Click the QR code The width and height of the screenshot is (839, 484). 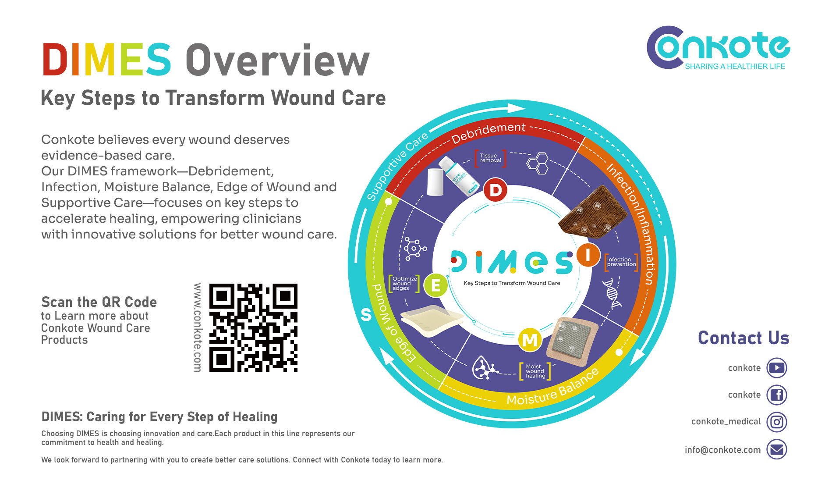click(253, 327)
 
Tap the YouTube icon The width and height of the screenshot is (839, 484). click(776, 368)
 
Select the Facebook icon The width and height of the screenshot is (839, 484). click(776, 395)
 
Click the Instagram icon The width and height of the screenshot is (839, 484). click(776, 422)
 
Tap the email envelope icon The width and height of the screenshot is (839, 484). click(776, 449)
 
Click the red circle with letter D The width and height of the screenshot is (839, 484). click(496, 190)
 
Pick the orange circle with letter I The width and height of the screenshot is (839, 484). click(588, 254)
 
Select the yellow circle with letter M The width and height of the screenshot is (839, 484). click(530, 340)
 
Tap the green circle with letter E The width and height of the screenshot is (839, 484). click(435, 285)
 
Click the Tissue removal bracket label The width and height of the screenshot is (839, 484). click(490, 158)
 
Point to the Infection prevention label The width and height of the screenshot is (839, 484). click(621, 262)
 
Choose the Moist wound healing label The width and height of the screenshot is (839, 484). click(535, 371)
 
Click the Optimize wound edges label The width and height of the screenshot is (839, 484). click(404, 283)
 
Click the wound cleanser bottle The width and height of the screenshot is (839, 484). click(460, 176)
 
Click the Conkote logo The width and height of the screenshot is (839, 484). click(718, 48)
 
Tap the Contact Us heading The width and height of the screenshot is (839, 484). click(743, 338)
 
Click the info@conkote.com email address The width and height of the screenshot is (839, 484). click(722, 450)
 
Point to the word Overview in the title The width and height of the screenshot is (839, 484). click(277, 60)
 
